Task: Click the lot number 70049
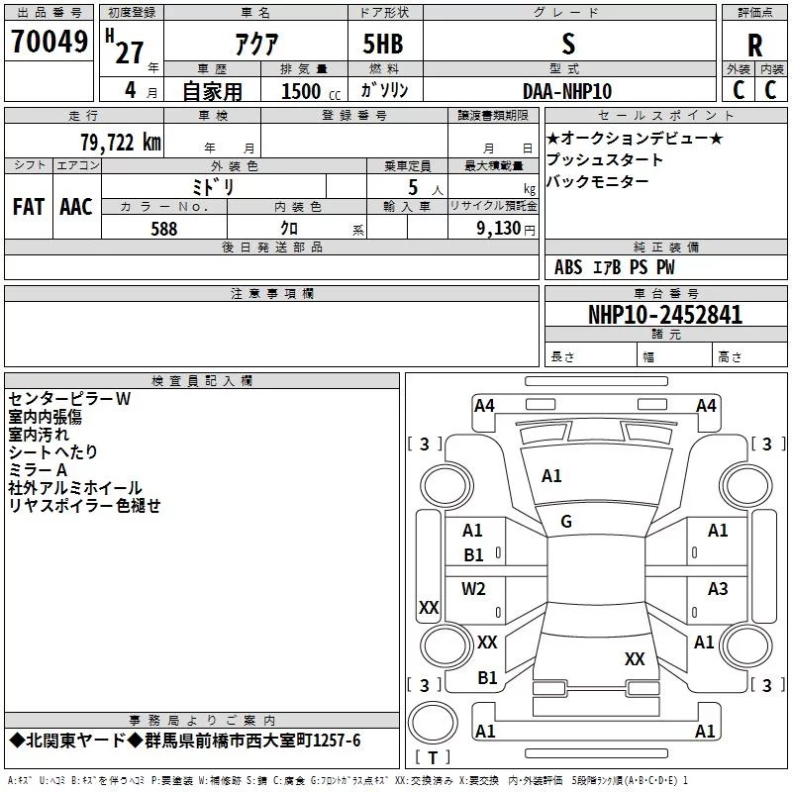click(x=49, y=42)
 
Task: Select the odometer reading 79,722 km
click(x=121, y=143)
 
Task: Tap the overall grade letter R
click(x=754, y=46)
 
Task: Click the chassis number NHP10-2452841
click(x=665, y=315)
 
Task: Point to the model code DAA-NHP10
click(x=567, y=91)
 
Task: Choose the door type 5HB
click(x=383, y=44)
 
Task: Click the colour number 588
click(x=164, y=229)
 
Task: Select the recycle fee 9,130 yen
click(x=506, y=229)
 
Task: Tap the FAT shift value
click(x=29, y=207)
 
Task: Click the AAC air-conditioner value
click(x=76, y=207)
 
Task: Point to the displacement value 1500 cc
click(x=311, y=91)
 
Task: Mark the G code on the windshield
click(x=566, y=522)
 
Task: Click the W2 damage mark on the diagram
click(x=473, y=588)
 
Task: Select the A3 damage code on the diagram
click(x=718, y=588)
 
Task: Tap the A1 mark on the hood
click(x=551, y=476)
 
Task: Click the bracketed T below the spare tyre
click(x=433, y=757)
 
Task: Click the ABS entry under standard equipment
click(x=568, y=267)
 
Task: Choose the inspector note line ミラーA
click(x=38, y=470)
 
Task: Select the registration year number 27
click(x=130, y=52)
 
